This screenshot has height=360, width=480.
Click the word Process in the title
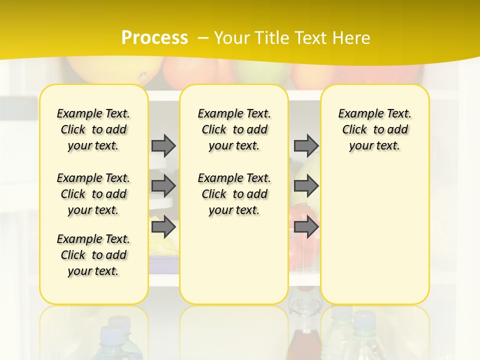coord(154,37)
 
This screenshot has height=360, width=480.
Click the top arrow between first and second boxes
coord(163,145)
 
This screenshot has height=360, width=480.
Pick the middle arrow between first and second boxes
coord(163,186)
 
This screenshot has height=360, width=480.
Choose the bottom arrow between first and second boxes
coord(163,227)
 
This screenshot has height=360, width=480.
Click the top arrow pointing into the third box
coord(306,145)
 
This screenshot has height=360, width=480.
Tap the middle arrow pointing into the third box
coord(306,186)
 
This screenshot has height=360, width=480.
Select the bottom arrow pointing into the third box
coord(306,227)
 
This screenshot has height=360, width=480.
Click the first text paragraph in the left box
coord(93,129)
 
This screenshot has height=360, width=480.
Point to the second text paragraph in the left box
coord(93,194)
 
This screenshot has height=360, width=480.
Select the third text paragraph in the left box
coord(93,255)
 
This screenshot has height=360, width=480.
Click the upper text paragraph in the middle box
coord(234,129)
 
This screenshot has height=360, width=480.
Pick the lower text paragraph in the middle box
coord(234,194)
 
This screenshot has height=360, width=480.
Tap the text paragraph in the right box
coord(374,129)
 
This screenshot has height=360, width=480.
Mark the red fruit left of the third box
coord(297,215)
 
